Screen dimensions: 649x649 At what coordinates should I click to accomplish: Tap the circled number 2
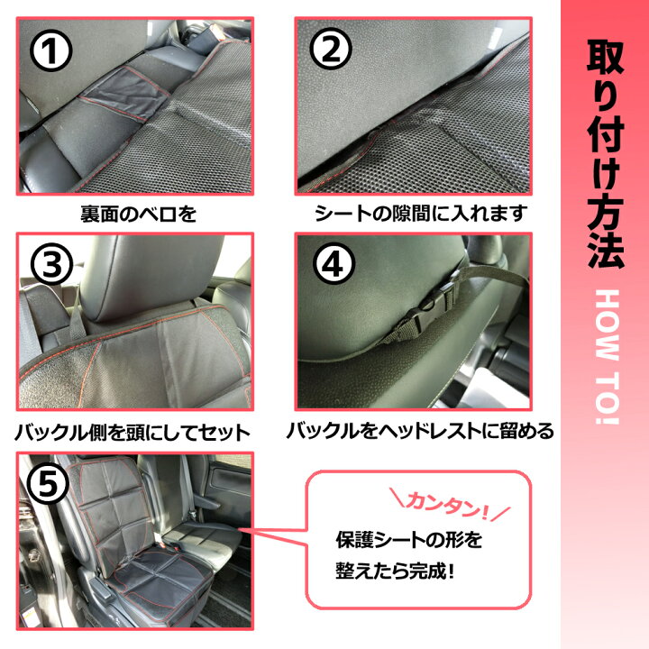(332, 51)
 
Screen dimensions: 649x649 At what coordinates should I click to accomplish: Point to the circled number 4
(332, 265)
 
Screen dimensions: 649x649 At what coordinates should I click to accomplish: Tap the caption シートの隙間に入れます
(420, 215)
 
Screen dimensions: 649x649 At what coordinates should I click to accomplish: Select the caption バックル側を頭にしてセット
(132, 432)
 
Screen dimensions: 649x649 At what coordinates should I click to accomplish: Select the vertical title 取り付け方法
(605, 153)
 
